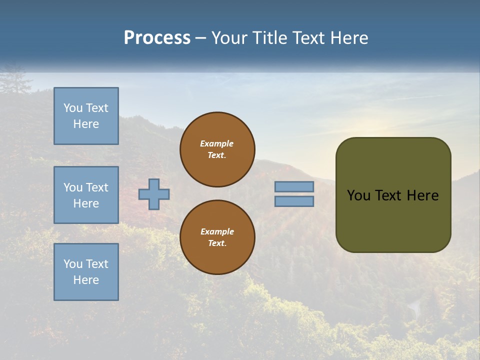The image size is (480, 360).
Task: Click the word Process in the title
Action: (157, 38)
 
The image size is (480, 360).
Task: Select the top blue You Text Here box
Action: (86, 116)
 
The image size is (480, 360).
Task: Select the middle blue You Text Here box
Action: (86, 195)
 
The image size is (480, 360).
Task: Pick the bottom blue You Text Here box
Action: (86, 272)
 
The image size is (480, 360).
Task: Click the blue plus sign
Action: (154, 194)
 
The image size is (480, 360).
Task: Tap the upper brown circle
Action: (217, 149)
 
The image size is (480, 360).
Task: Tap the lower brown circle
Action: (217, 237)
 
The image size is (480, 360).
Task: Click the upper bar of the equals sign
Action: (294, 187)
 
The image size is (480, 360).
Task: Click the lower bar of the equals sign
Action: (294, 201)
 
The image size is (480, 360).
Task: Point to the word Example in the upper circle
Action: (217, 143)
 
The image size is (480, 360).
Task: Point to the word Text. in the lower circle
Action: (217, 243)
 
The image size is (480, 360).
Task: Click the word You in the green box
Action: (358, 195)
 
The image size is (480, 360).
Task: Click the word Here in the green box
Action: (422, 195)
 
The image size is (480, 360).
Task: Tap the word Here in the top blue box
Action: (86, 124)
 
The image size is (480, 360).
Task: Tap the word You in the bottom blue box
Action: (73, 264)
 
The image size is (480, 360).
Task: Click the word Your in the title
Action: (230, 38)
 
